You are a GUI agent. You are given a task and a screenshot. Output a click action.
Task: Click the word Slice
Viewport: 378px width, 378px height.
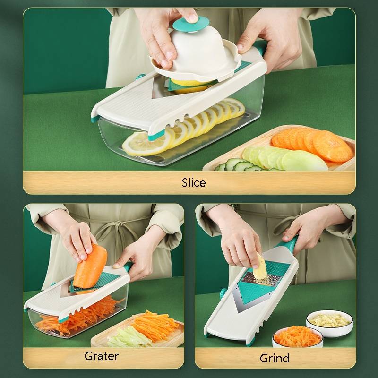tap(194, 182)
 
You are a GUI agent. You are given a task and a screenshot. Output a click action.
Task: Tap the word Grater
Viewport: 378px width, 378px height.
tap(102, 356)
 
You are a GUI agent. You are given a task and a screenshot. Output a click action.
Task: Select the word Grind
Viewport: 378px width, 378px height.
tap(275, 358)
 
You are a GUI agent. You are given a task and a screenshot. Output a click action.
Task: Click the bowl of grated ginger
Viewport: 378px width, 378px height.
tap(329, 323)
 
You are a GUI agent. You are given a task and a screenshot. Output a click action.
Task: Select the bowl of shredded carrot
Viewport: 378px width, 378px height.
tap(298, 336)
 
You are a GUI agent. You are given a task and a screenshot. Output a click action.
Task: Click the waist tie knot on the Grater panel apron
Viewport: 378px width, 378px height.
tap(118, 225)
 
